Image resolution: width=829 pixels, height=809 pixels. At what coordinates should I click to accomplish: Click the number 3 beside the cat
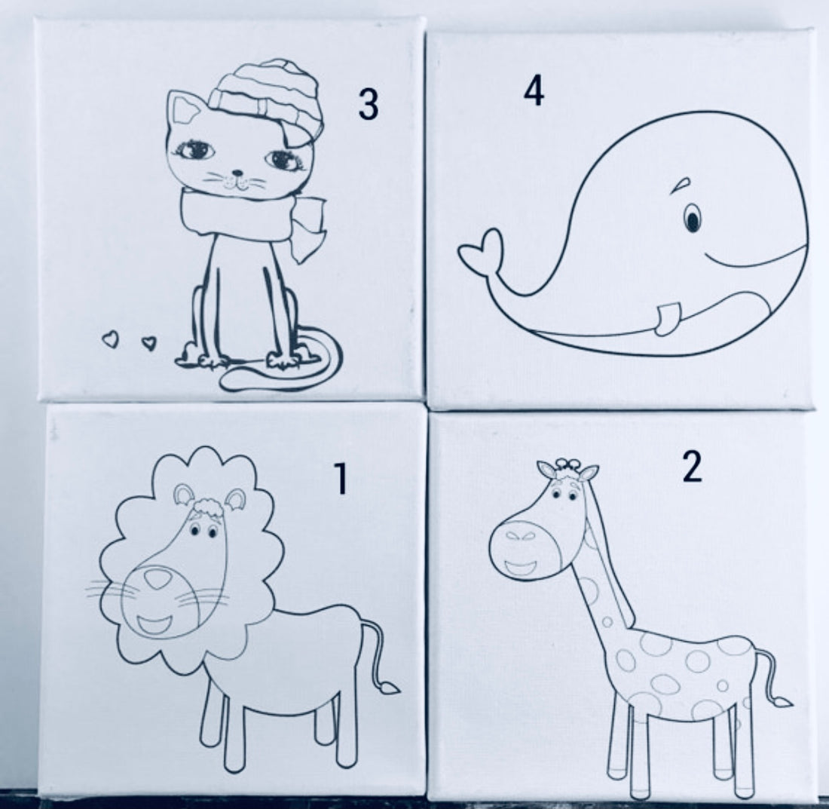tap(368, 104)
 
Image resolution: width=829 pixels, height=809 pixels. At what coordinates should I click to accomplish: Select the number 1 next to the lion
tap(341, 480)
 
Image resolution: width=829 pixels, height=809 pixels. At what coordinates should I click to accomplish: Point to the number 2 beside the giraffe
tap(692, 467)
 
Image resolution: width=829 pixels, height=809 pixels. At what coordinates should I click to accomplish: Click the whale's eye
tap(693, 219)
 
